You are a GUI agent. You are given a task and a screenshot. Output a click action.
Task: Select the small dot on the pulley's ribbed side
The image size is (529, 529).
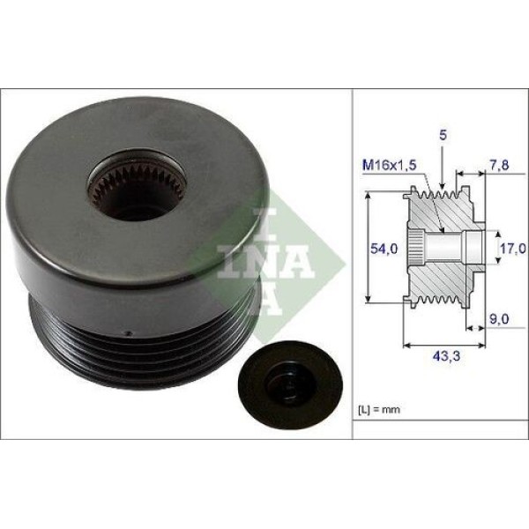(129, 333)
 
